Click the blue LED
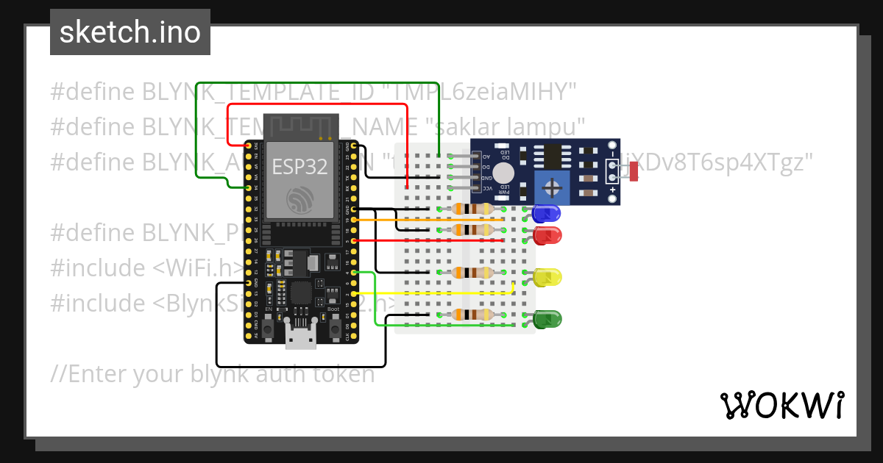tap(546, 214)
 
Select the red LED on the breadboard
tap(547, 236)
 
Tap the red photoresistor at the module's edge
tap(634, 172)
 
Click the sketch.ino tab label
tap(130, 32)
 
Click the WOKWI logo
tap(781, 405)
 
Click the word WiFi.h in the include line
tap(199, 268)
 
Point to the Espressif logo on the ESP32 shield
tap(299, 200)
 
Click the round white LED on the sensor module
tap(503, 173)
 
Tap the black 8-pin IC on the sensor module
tap(550, 157)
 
